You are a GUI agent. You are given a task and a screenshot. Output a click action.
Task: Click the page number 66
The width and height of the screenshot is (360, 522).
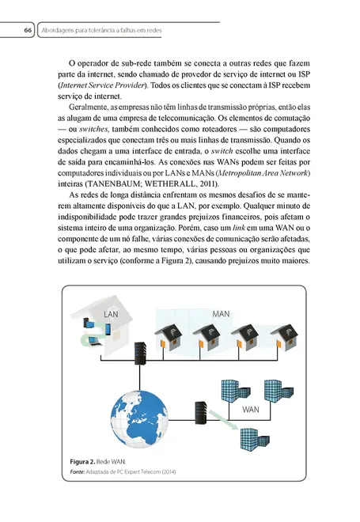tap(26, 30)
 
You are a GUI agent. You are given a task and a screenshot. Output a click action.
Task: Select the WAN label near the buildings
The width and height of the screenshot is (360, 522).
tap(251, 410)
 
